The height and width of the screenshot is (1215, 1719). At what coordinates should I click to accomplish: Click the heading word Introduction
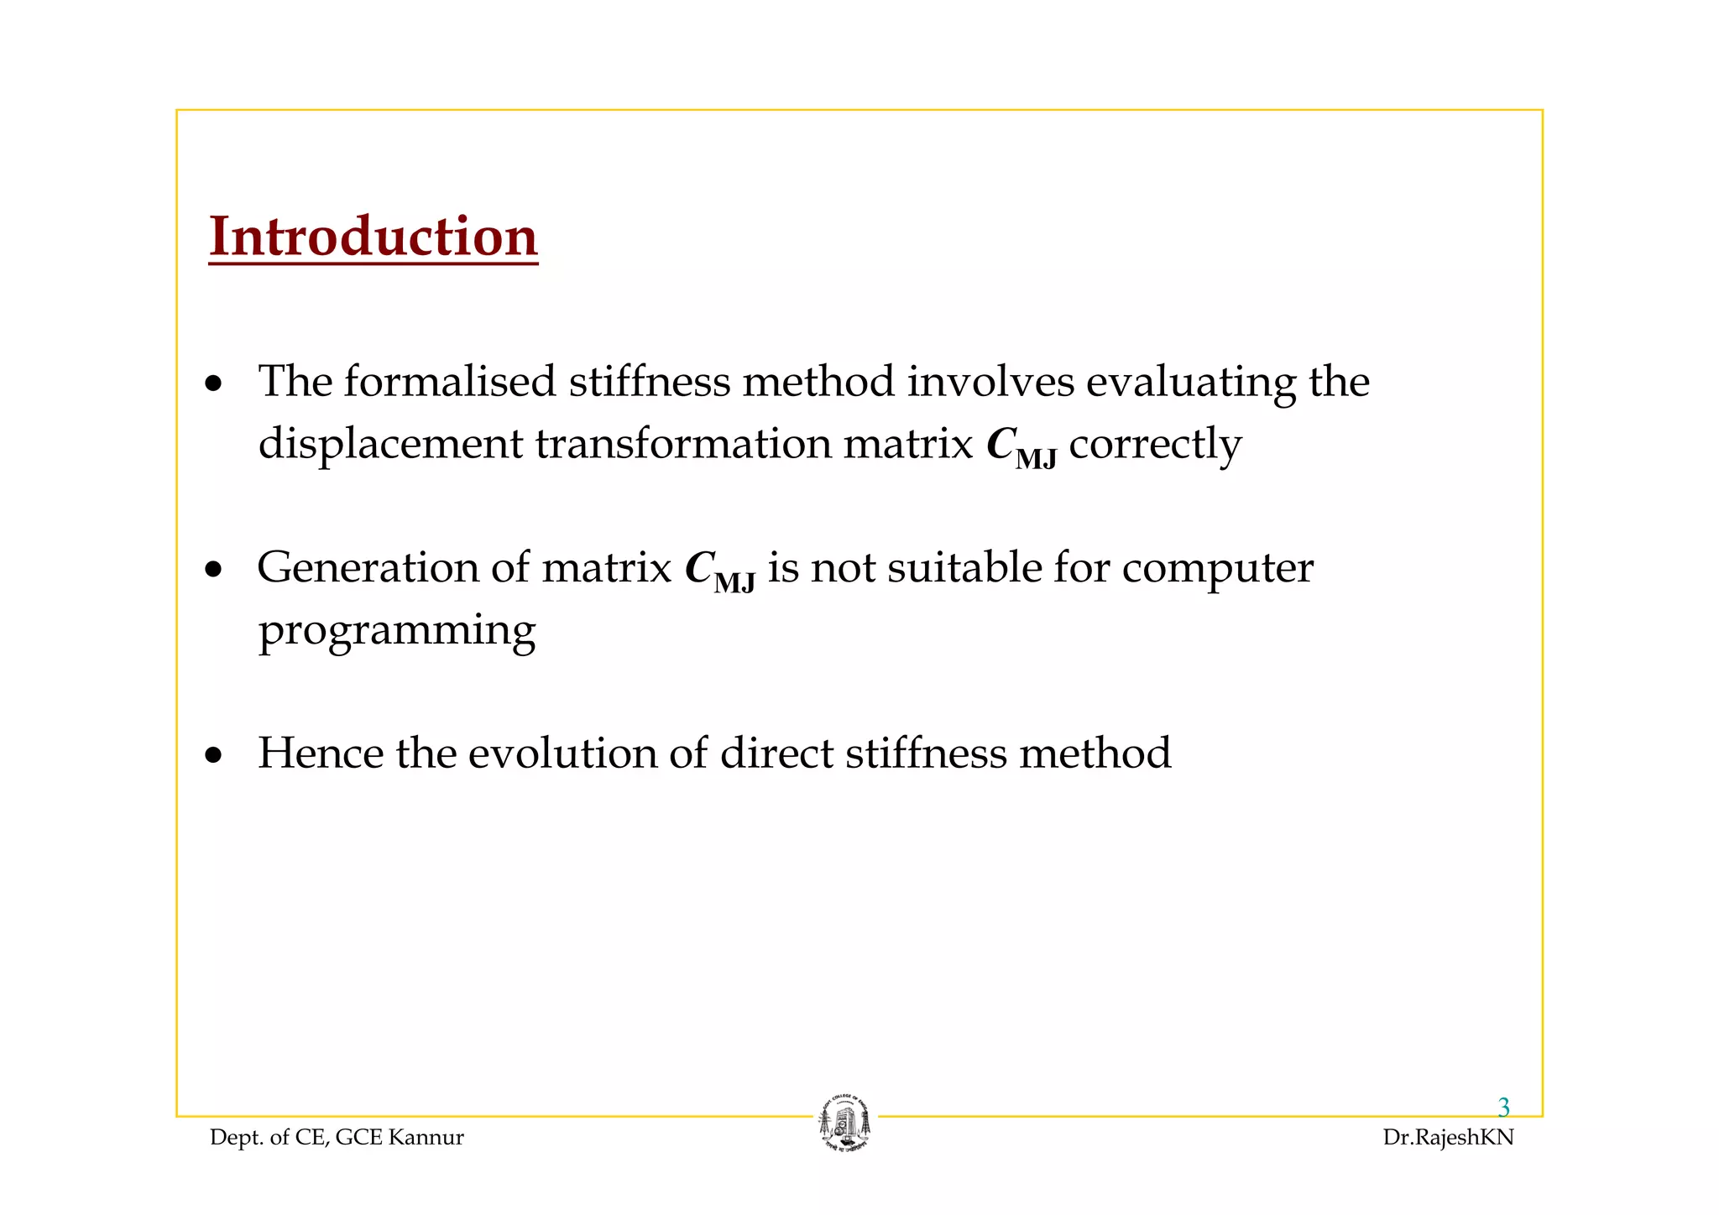point(373,237)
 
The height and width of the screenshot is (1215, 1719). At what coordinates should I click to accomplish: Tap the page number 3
point(1503,1108)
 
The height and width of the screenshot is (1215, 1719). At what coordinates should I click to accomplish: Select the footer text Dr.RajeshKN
point(1448,1138)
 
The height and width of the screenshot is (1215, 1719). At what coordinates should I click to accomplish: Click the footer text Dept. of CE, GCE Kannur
point(337,1138)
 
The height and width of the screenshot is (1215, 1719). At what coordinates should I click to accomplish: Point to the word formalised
point(449,382)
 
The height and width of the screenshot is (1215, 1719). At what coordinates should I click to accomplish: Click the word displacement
point(389,444)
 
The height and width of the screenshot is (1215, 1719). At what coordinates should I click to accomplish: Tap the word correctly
point(1154,444)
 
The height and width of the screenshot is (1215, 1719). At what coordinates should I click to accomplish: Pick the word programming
point(396,631)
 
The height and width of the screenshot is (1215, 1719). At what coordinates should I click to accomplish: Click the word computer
point(1217,568)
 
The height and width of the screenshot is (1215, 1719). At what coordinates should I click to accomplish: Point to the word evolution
point(562,753)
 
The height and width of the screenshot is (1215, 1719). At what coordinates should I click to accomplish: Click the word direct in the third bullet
point(775,753)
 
